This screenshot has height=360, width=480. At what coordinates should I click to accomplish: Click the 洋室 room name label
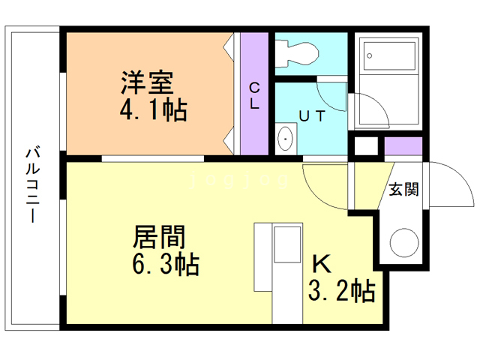coord(147,81)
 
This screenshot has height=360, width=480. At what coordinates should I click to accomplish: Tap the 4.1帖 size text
coord(153,111)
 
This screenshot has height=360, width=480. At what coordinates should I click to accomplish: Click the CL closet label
coord(254,94)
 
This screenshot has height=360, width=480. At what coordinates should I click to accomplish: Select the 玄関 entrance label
coord(403,189)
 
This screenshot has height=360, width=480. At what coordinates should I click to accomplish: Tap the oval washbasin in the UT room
coord(286,139)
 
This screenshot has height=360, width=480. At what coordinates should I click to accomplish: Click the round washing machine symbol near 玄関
coord(403,242)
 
